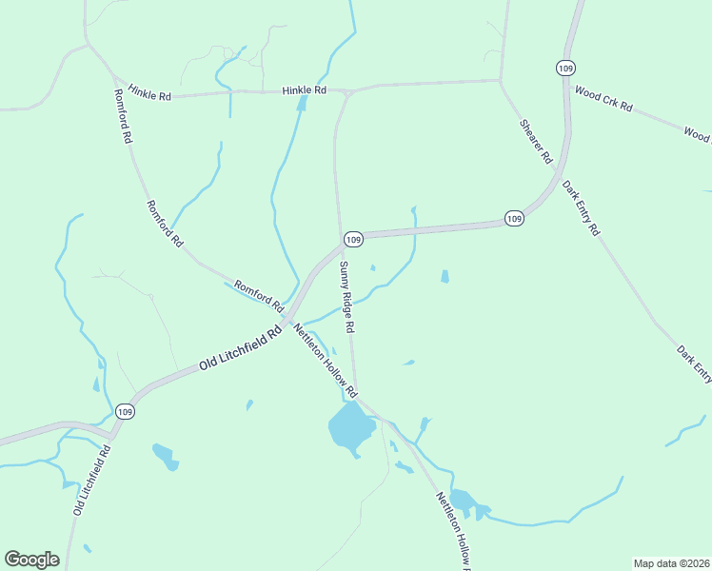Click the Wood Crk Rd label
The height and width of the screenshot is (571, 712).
click(x=604, y=100)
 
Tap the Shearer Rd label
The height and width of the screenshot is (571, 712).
click(x=536, y=142)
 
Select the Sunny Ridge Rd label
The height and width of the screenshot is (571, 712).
click(x=347, y=298)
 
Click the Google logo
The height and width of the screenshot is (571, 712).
click(x=31, y=560)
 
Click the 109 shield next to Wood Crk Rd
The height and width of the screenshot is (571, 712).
click(x=566, y=69)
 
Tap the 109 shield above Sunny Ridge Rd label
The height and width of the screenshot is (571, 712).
click(x=353, y=238)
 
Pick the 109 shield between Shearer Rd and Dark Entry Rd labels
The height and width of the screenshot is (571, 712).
click(x=514, y=219)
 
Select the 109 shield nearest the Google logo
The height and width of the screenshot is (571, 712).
click(x=125, y=411)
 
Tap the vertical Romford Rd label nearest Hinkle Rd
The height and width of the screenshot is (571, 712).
click(x=122, y=115)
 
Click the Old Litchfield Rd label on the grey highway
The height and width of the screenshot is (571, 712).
click(x=242, y=348)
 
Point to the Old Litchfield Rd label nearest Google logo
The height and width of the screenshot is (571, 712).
click(x=92, y=481)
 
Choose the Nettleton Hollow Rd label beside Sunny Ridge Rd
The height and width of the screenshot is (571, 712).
click(x=325, y=361)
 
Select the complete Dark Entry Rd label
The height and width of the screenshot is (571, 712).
click(x=581, y=207)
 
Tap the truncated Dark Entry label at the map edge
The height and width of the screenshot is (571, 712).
click(x=694, y=364)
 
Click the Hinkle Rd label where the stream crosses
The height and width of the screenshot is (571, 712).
click(x=304, y=89)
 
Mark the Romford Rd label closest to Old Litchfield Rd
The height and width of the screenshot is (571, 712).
click(x=260, y=296)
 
